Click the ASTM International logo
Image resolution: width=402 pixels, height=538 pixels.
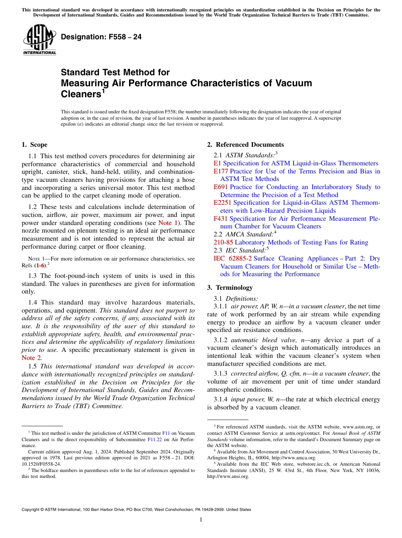tap(39, 39)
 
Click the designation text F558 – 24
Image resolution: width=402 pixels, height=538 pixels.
tap(101, 37)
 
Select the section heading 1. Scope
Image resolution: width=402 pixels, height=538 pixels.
tap(34, 145)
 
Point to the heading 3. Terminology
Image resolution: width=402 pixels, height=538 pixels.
tap(230, 288)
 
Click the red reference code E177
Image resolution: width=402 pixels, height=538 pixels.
tap(221, 171)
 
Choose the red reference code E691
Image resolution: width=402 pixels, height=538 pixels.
tap(221, 187)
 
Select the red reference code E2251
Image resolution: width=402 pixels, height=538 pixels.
tap(223, 203)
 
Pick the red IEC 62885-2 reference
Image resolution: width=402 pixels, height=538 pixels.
tap(232, 258)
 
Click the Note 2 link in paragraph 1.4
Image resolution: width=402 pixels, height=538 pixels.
tap(29, 358)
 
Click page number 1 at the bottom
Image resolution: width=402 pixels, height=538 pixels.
tap(201, 520)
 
